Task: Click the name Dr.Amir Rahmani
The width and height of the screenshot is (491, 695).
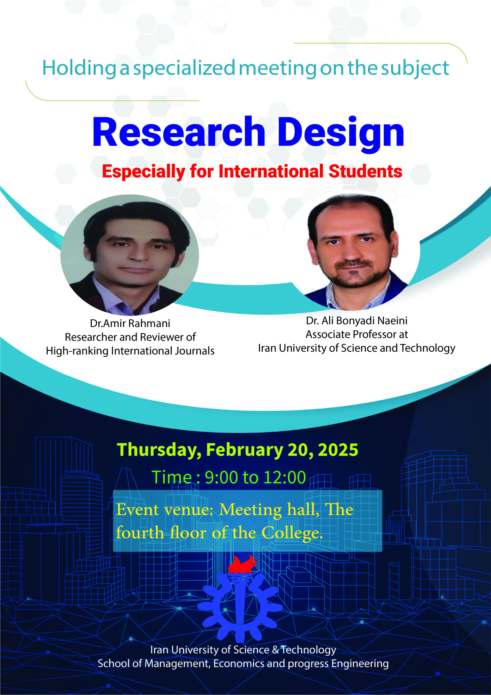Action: (130, 324)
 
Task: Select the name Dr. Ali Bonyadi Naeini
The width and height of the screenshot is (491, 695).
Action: (357, 320)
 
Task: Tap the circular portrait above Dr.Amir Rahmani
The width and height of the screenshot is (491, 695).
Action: (130, 255)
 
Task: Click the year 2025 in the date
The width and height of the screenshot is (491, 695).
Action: (338, 450)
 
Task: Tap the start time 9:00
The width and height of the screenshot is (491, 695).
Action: (221, 477)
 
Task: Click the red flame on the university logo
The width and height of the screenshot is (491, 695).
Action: (242, 564)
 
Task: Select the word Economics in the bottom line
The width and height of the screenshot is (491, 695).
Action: (239, 663)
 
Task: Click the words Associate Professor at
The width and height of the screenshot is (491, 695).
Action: (357, 334)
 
